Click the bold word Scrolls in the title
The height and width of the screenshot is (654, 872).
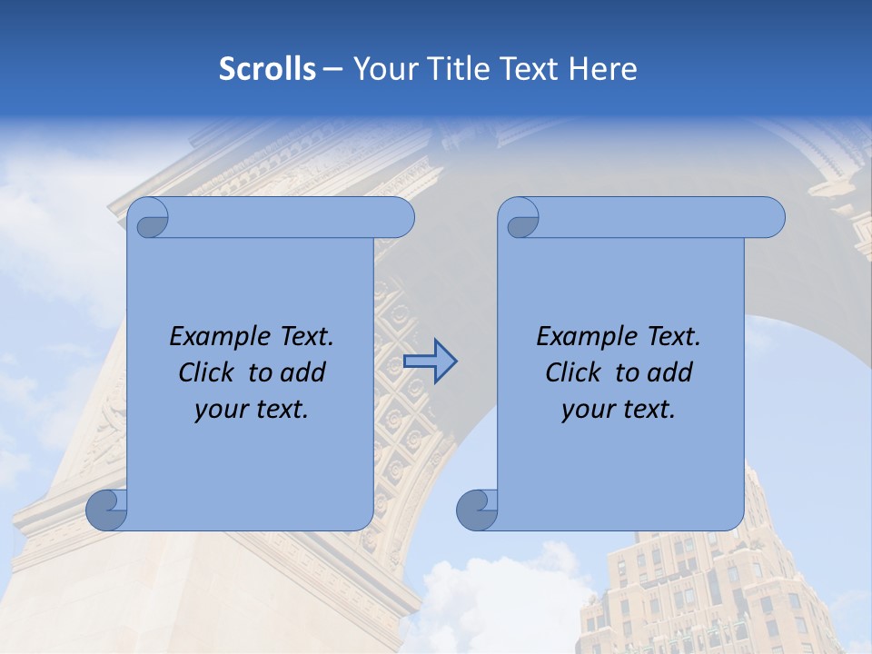coord(268,69)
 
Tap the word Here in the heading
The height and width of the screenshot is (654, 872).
coord(602,69)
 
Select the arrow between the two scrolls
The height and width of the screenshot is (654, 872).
coord(430,362)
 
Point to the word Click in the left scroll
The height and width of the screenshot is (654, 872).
coord(209,372)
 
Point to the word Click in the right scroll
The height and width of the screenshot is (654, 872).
coord(576,372)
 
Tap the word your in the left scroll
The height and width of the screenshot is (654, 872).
coord(221,410)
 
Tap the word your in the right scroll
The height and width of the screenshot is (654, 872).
coord(588,410)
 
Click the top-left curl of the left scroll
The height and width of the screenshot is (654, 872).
coord(148,219)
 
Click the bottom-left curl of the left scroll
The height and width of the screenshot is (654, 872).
coord(106,510)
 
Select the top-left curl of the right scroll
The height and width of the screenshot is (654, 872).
coord(519,219)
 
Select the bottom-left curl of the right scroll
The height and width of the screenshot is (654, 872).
coord(477,510)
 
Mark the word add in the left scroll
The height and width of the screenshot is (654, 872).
coord(304,372)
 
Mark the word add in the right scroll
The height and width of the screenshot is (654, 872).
coord(671,372)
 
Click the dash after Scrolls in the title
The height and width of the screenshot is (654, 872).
coord(333,69)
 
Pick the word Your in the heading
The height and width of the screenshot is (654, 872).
coord(385,69)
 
